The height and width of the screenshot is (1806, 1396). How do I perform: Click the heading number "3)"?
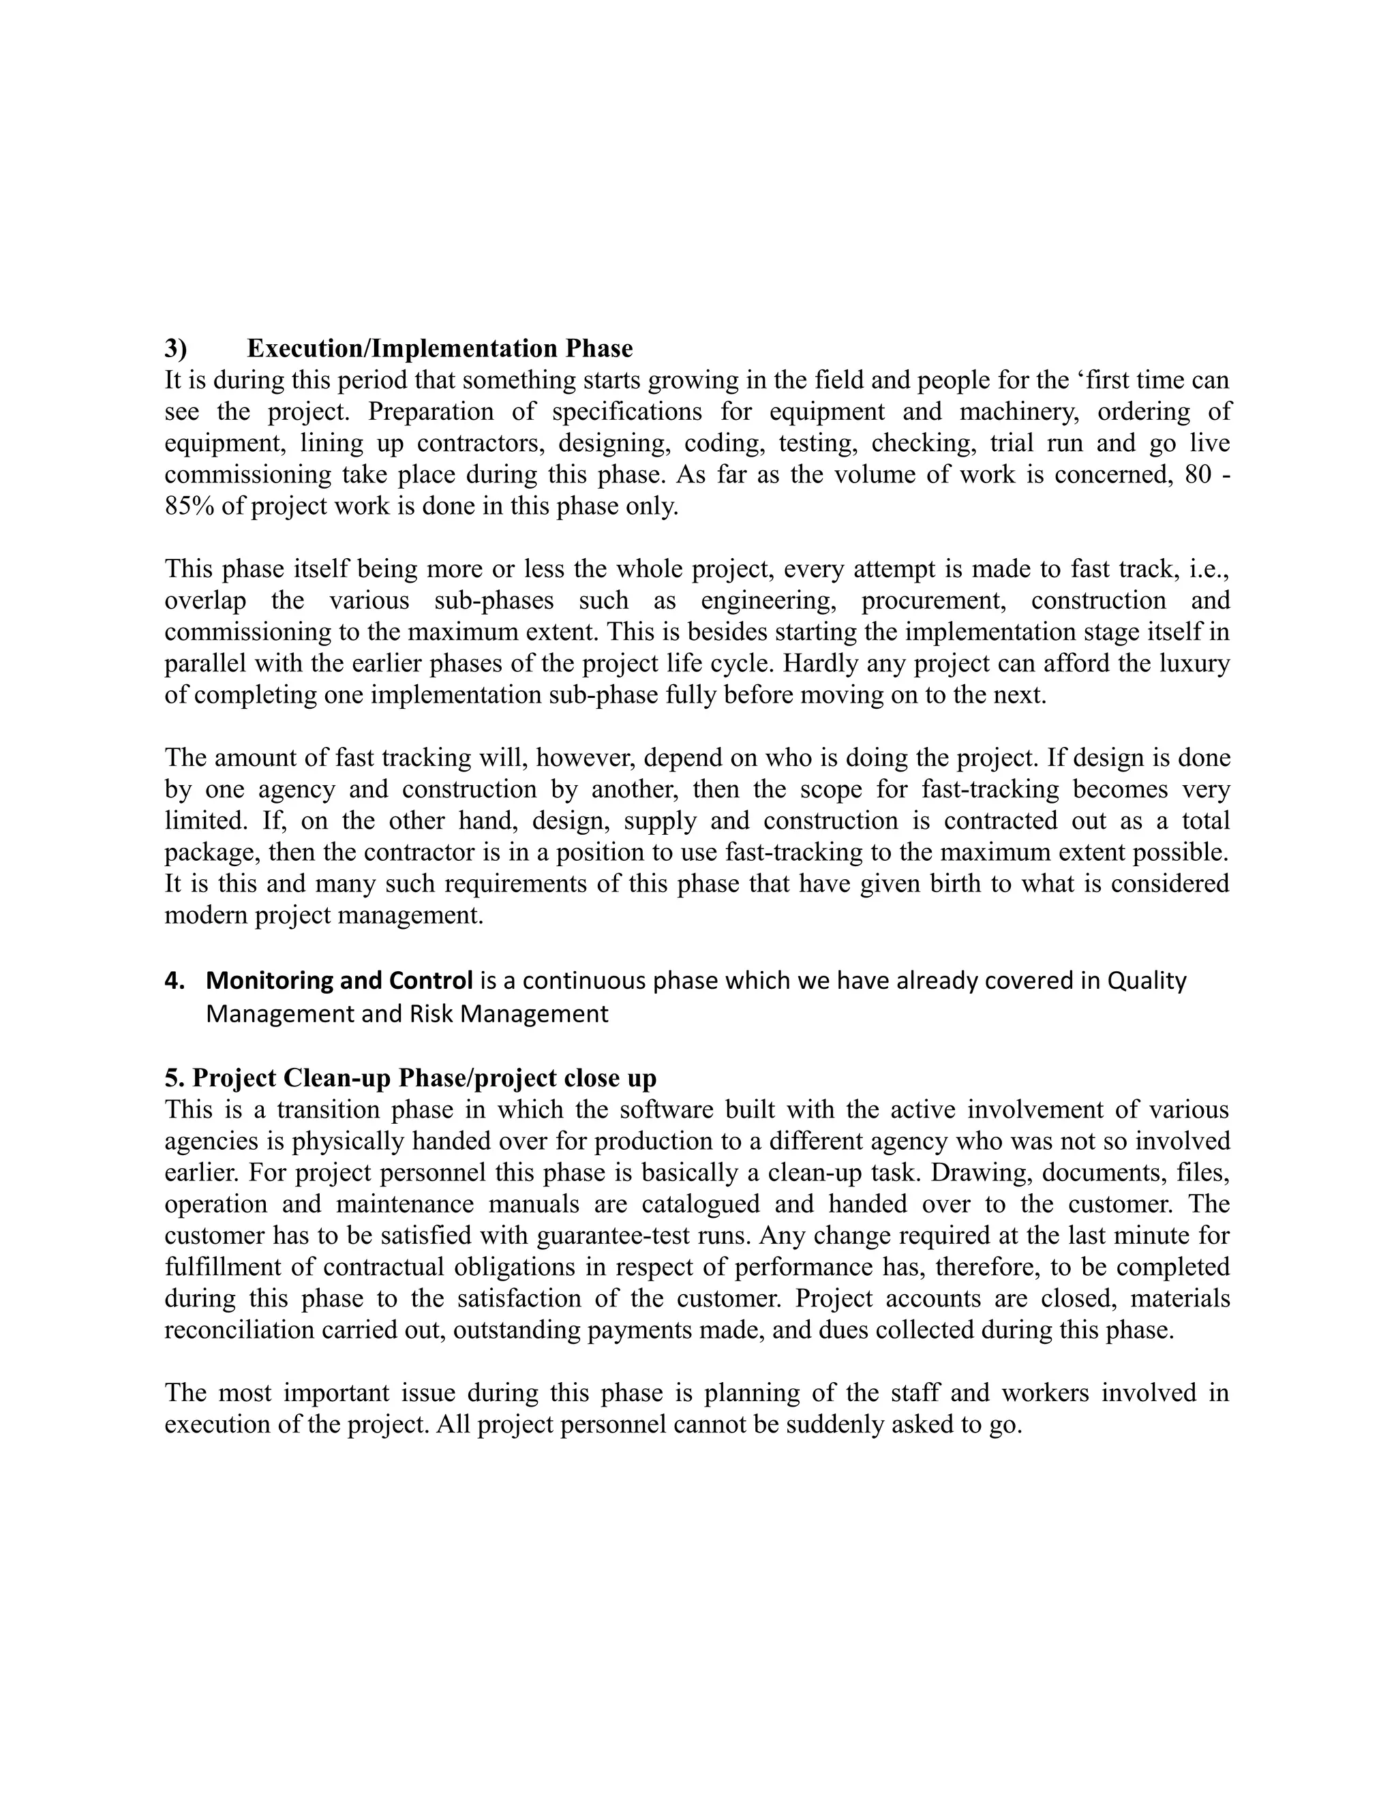point(175,349)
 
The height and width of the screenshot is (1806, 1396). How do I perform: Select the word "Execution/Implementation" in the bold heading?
point(404,349)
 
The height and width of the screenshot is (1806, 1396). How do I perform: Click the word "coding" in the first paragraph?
point(713,443)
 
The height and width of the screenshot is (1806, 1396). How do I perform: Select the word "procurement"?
point(934,600)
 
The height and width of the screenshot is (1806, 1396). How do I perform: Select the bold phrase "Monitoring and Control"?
point(339,981)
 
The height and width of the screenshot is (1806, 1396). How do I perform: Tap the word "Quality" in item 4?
point(1147,981)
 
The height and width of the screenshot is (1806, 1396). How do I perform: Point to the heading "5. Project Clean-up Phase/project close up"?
point(410,1078)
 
